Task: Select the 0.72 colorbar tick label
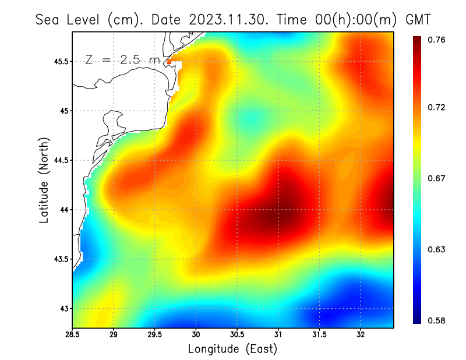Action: (x=437, y=107)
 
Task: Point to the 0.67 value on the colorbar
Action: (x=437, y=178)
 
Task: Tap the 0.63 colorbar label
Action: (x=437, y=249)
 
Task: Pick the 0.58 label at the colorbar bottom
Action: (x=437, y=320)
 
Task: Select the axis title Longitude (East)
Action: (x=232, y=349)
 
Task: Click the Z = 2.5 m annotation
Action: (x=122, y=60)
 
